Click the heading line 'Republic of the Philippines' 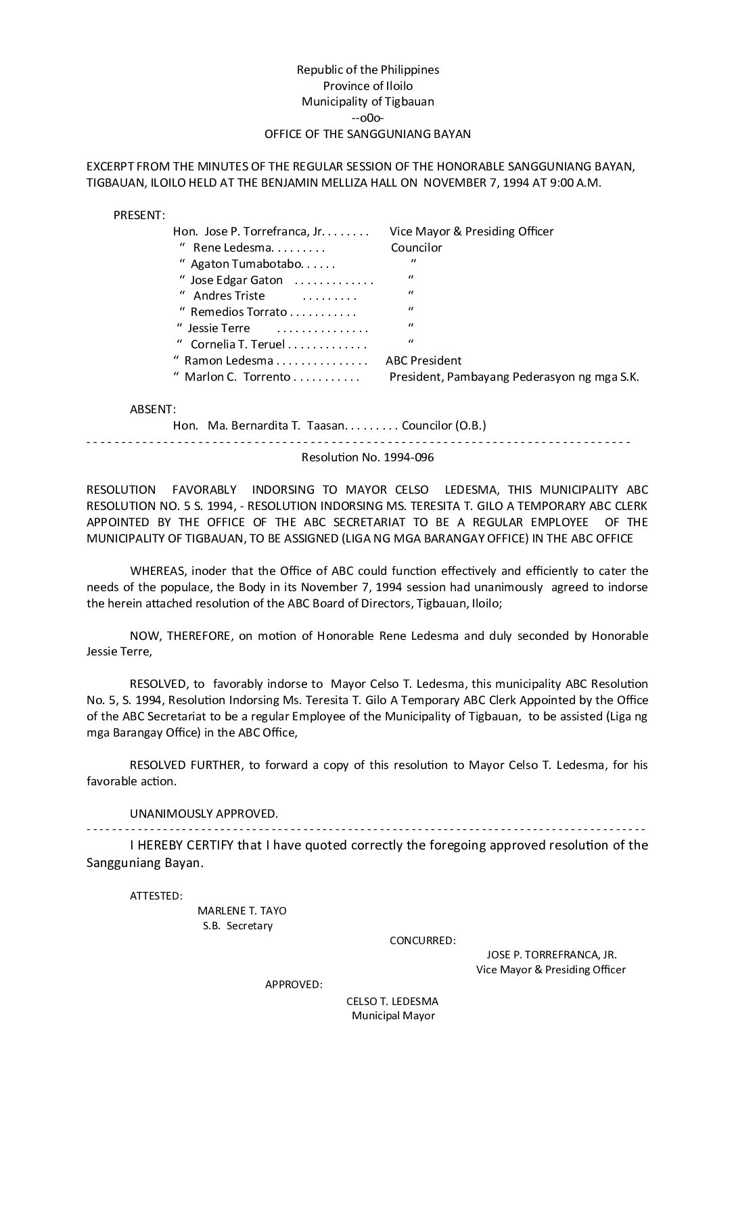tap(367, 70)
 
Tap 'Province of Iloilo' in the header tap(367, 86)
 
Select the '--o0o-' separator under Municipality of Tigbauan tap(367, 118)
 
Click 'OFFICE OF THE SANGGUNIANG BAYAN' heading tap(367, 134)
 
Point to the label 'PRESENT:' tap(139, 215)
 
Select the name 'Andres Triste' tap(229, 296)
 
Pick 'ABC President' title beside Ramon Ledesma tap(423, 360)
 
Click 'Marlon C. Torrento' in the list tap(237, 377)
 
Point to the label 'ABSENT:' tap(153, 409)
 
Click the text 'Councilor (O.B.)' tap(444, 425)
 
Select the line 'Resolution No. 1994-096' tap(367, 457)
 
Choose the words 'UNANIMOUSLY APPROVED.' tap(204, 814)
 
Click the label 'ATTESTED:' tap(156, 896)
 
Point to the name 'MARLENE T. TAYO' tap(241, 911)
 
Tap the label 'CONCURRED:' tap(422, 940)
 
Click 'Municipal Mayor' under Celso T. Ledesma tap(393, 1016)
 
